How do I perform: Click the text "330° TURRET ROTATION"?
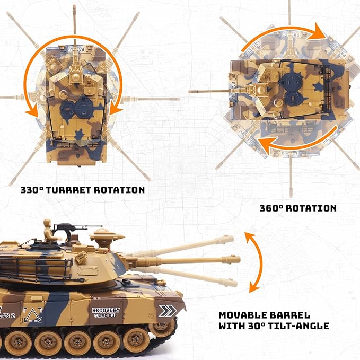click(83, 189)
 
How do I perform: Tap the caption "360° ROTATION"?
click(298, 208)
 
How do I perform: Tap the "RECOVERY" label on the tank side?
click(106, 310)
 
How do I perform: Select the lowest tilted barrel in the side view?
click(186, 274)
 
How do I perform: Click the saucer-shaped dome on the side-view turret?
click(104, 233)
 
